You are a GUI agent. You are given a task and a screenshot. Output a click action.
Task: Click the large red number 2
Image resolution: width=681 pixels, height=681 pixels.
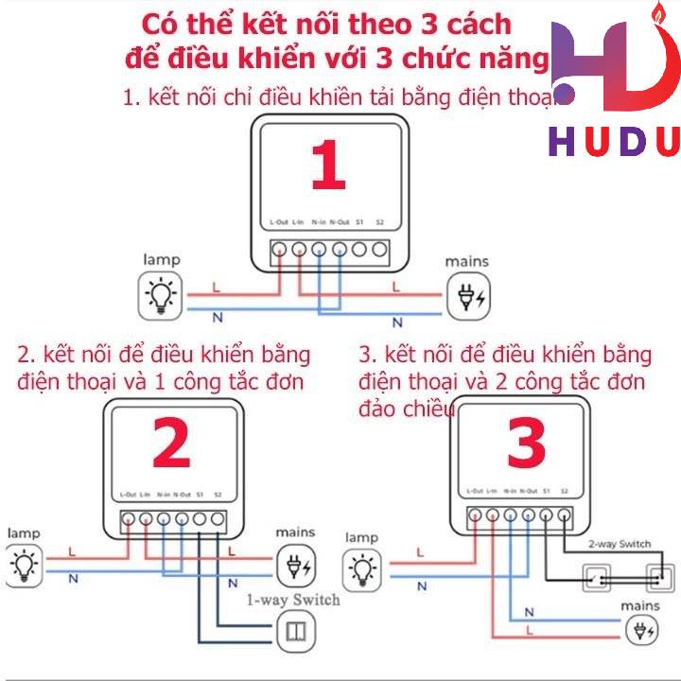pos(171,443)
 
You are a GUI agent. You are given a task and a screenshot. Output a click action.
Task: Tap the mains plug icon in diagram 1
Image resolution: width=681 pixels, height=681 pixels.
pos(468,297)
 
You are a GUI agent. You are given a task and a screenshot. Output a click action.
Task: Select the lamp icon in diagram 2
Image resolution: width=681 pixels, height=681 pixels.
pos(24,566)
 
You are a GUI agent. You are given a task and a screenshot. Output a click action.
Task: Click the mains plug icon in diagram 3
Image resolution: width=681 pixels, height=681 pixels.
pos(646,628)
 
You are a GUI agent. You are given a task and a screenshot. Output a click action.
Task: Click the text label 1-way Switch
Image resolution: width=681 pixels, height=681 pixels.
pos(292,600)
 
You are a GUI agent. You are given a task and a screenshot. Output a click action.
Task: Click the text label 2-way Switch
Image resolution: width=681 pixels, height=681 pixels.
pos(620,544)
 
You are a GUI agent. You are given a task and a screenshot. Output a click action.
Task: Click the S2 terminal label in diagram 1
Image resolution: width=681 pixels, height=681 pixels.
pos(380,222)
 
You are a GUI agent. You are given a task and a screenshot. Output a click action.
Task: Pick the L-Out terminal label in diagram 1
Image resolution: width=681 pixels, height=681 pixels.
pos(278,222)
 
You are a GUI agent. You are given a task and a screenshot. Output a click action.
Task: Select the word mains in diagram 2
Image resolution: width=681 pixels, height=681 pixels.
pos(296,534)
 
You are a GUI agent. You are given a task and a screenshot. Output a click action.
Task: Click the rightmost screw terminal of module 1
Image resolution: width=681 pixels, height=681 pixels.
pos(380,251)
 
